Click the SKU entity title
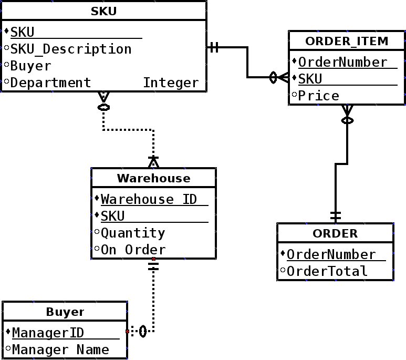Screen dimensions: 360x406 [x=103, y=11]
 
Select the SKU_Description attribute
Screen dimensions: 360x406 [x=71, y=49]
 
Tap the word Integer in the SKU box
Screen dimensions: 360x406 [x=171, y=83]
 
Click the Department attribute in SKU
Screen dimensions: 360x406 [x=50, y=83]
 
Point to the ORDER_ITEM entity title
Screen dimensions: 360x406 [x=347, y=40]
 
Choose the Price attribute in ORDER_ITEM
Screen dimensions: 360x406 [x=318, y=96]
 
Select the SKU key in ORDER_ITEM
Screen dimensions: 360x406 [x=310, y=79]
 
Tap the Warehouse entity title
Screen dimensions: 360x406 [x=153, y=178]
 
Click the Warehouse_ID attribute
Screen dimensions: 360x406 [x=149, y=199]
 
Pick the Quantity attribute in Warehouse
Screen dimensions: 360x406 [x=133, y=233]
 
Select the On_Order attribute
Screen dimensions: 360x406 [x=133, y=250]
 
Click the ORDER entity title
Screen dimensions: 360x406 [x=335, y=233]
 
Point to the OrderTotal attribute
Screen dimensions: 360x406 [x=327, y=271]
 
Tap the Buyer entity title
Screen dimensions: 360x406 [x=65, y=312]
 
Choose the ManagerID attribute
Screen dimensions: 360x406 [x=48, y=333]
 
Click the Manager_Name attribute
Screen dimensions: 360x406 [x=60, y=349]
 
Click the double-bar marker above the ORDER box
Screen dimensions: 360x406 [x=336, y=215]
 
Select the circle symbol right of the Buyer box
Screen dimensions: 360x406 [x=143, y=332]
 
